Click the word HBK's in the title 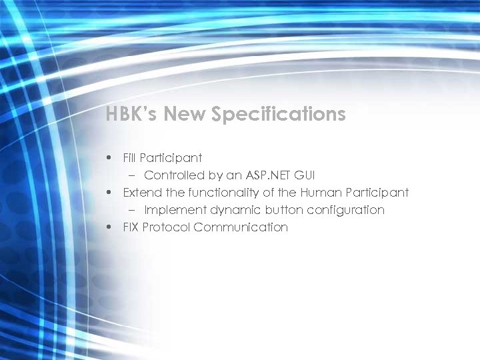coord(131,115)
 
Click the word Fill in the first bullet coord(129,158)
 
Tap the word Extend coord(141,193)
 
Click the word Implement coord(173,210)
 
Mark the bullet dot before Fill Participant coord(109,159)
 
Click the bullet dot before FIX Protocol coord(109,228)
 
